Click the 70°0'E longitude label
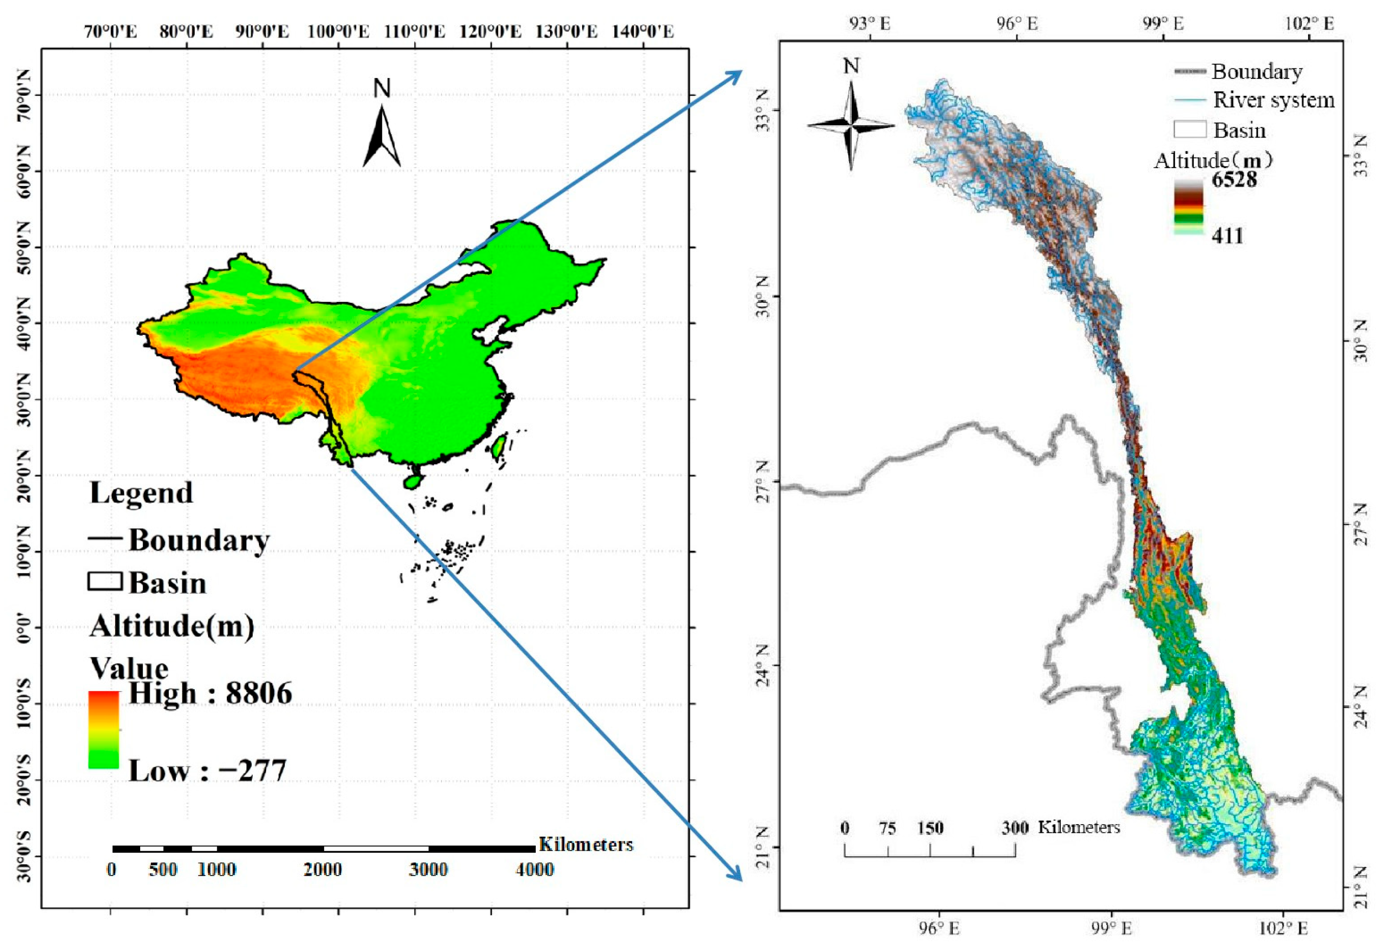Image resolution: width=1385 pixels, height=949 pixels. tap(111, 31)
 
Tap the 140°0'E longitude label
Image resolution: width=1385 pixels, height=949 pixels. tap(642, 31)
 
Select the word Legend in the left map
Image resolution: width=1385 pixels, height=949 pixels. tap(141, 493)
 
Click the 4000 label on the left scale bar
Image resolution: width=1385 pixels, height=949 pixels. tap(535, 870)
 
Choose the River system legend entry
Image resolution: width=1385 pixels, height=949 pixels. tap(1273, 100)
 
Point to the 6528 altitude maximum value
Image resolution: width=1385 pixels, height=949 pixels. tap(1234, 179)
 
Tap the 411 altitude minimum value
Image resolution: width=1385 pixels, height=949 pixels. tap(1227, 236)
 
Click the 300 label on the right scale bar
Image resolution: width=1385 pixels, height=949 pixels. tap(1014, 828)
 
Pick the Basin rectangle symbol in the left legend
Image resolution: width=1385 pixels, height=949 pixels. tap(105, 582)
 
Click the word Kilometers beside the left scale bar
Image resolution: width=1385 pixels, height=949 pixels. tap(585, 845)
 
